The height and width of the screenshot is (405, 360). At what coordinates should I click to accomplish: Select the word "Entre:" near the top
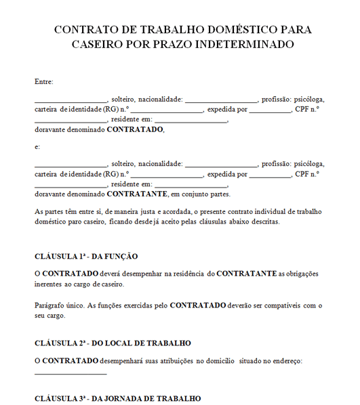[x=43, y=82]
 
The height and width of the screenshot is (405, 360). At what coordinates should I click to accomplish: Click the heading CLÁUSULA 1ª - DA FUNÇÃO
[x=86, y=256]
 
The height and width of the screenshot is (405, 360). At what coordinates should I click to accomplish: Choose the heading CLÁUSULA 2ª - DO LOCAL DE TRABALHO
[x=113, y=343]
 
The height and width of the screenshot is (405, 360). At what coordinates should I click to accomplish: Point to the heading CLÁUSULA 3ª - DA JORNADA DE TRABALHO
[x=117, y=398]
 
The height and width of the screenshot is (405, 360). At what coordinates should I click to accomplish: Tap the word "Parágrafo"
[x=51, y=305]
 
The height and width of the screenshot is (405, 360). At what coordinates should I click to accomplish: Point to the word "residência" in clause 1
[x=187, y=273]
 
